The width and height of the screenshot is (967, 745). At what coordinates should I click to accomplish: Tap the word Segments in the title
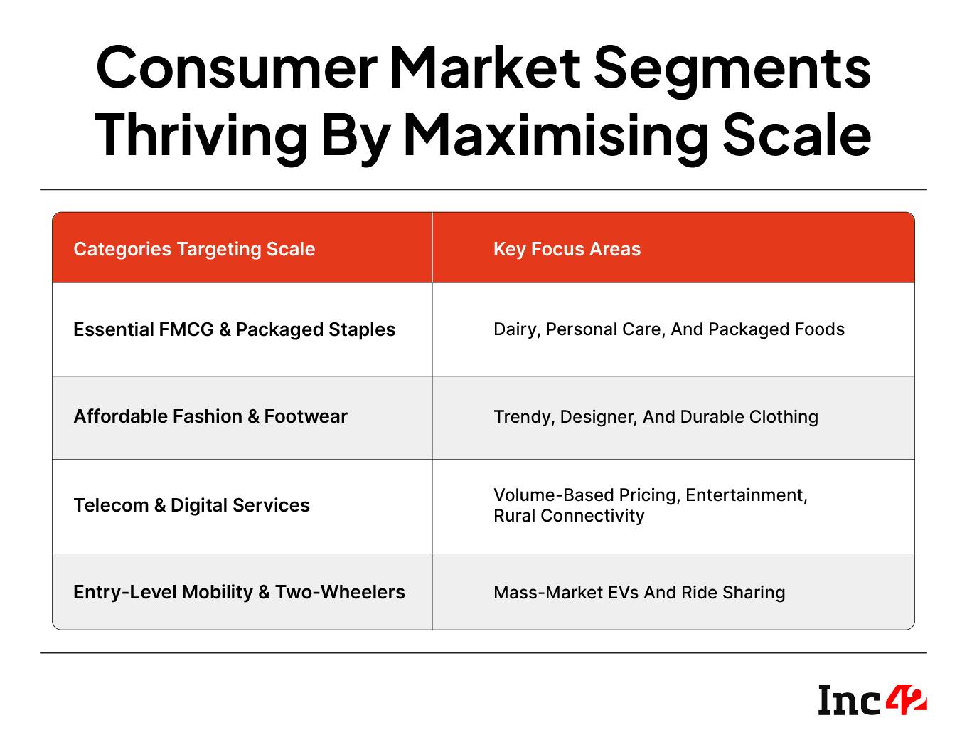coord(732,71)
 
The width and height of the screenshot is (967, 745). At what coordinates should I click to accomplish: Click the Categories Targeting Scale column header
coord(194,249)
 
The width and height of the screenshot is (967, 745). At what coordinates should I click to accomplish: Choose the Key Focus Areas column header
coord(567,249)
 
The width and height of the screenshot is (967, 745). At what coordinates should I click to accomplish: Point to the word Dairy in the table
coord(517,329)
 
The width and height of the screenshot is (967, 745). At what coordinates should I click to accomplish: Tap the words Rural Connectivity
coord(569,516)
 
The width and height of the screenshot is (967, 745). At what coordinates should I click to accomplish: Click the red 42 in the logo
coord(906,699)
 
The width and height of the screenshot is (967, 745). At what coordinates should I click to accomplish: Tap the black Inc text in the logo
coord(850,700)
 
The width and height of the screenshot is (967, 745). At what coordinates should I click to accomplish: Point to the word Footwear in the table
coord(306,416)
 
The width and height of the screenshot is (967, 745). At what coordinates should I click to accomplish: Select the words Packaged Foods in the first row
coord(776,329)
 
